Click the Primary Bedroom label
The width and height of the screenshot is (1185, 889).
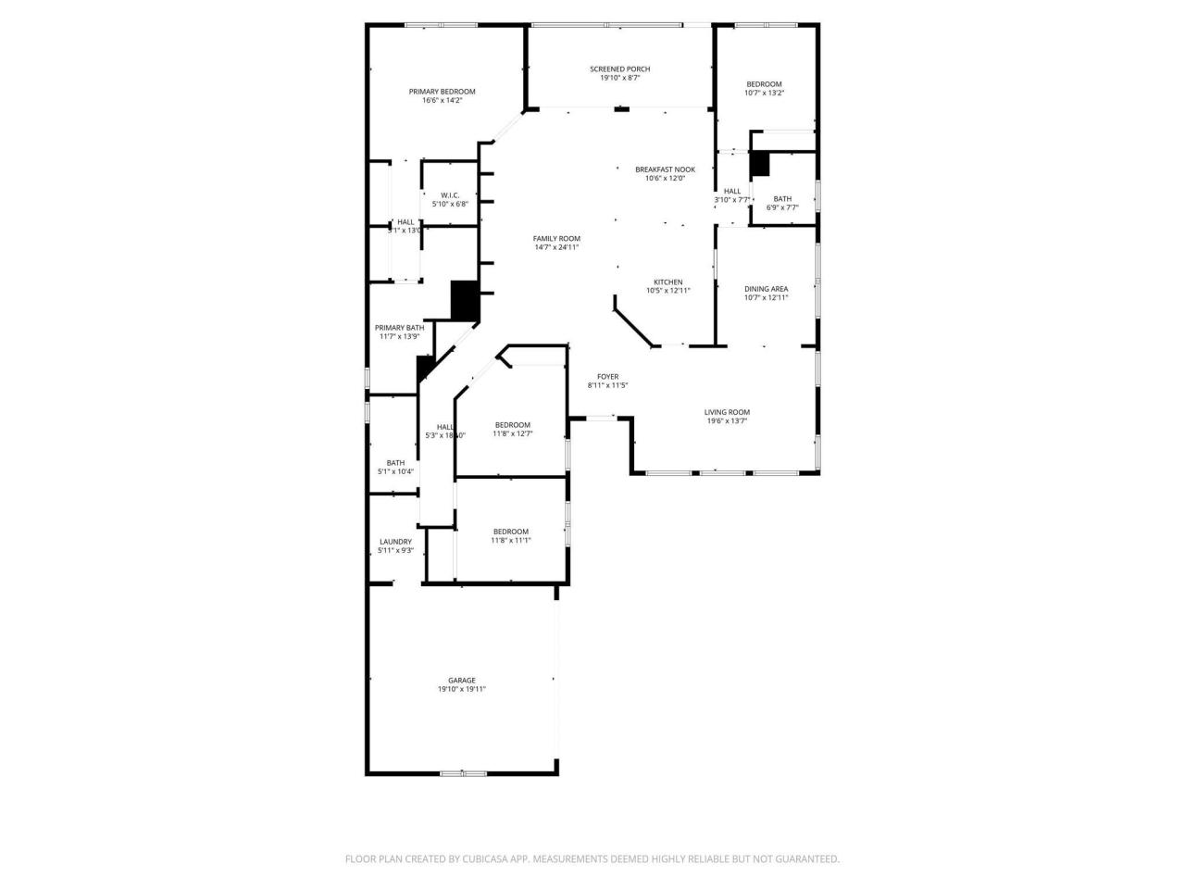(442, 92)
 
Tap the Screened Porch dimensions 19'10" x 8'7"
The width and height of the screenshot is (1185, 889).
(619, 79)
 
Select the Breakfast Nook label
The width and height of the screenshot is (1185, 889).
(665, 169)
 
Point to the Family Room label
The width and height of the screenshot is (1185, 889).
(556, 239)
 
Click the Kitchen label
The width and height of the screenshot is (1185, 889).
(667, 282)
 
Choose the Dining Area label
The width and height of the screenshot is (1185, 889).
(766, 289)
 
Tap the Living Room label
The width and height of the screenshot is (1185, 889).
(727, 412)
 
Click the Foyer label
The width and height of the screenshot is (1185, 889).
(607, 377)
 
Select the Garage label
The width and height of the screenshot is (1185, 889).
(462, 681)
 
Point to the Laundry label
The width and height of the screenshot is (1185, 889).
(395, 542)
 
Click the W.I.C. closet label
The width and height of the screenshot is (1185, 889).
(450, 195)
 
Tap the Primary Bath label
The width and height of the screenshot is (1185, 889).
(399, 328)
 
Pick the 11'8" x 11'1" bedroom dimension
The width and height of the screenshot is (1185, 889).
(511, 541)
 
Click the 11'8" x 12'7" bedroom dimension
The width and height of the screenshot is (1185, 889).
(512, 433)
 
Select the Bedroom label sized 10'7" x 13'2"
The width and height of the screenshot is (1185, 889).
(764, 84)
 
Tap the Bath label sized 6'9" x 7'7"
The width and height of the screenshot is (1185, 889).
(782, 199)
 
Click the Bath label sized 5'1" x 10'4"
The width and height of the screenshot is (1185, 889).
(395, 463)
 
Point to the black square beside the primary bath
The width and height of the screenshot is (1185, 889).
(464, 300)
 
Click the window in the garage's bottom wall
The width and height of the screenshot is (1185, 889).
(463, 772)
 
